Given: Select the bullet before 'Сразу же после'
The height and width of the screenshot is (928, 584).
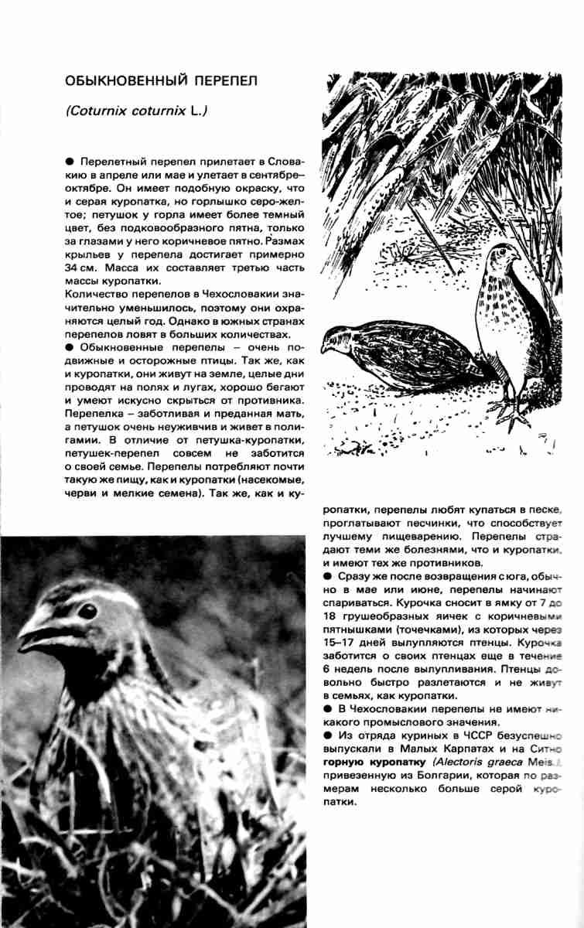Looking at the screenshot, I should click(x=328, y=577).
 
